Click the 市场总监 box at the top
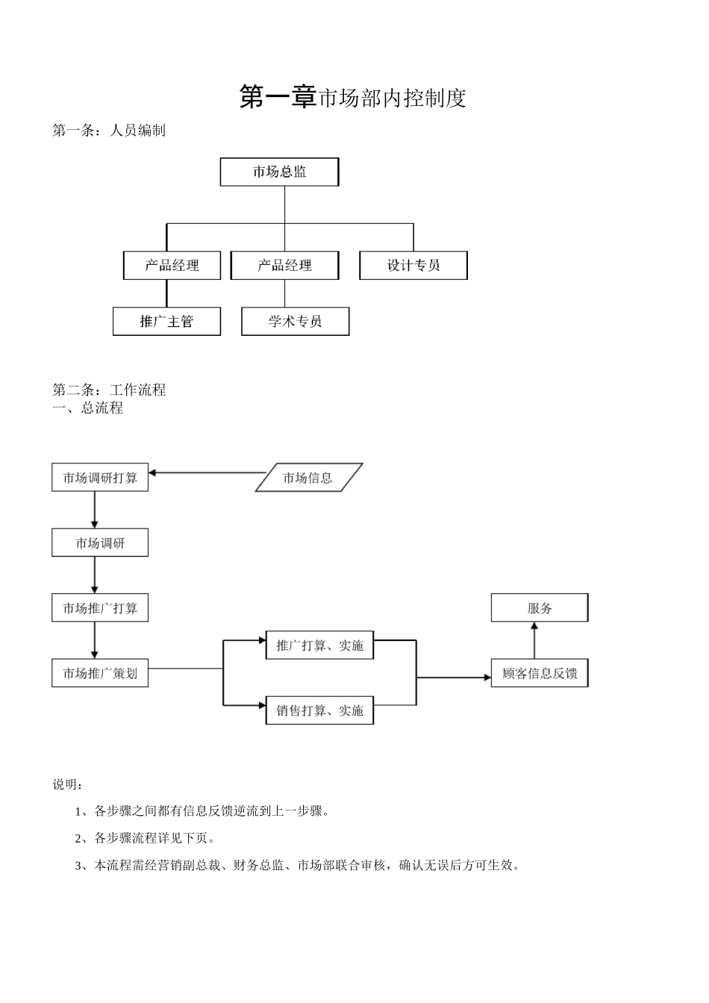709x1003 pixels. point(279,172)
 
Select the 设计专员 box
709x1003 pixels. point(413,266)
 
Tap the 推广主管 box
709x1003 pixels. point(166,322)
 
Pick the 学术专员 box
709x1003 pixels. point(295,322)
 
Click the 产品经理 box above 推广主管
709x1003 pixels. point(172,266)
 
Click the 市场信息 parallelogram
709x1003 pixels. point(308,478)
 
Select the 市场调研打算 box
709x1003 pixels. point(100,478)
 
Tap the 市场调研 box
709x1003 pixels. point(100,543)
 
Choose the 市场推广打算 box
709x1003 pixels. point(100,608)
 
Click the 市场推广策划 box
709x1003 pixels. point(100,673)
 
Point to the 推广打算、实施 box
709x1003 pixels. point(319,646)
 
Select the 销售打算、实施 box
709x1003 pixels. point(319,710)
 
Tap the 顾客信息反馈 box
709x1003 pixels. point(539,673)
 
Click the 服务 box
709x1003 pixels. point(539,608)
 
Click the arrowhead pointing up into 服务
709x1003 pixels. point(534,627)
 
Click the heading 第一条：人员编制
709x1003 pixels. point(109,131)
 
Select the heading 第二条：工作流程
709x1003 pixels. point(109,390)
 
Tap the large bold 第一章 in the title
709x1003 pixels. point(278,97)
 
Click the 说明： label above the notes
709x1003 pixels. point(68,784)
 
